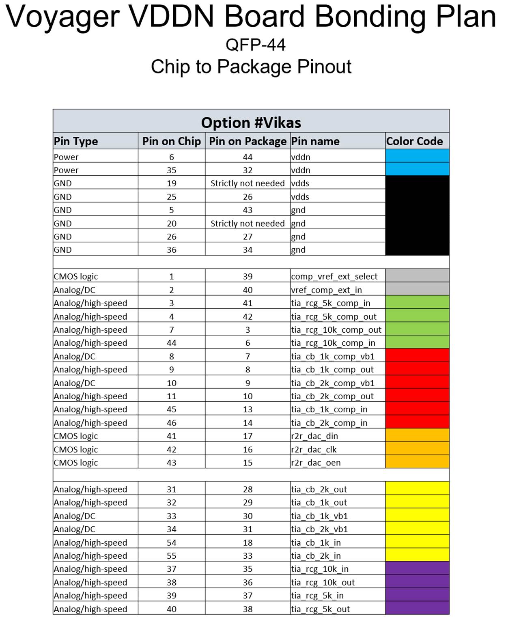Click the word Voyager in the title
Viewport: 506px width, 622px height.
tap(63, 17)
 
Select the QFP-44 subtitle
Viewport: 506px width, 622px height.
tap(255, 45)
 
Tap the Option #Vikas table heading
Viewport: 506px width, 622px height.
tap(251, 123)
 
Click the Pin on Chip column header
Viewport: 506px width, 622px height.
tap(171, 141)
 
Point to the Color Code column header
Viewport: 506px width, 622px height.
tap(414, 141)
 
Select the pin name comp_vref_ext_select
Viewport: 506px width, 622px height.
tap(334, 276)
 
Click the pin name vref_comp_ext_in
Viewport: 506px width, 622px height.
tap(326, 290)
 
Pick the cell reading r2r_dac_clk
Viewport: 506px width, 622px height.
tap(314, 450)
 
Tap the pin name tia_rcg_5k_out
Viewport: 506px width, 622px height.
tap(320, 609)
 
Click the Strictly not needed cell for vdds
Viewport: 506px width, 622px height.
tap(248, 183)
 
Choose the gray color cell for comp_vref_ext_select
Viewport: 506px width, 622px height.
tap(417, 276)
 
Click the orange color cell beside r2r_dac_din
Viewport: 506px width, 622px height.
tap(417, 436)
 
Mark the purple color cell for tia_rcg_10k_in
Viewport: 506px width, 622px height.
tap(417, 569)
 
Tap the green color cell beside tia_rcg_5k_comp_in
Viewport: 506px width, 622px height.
tap(417, 303)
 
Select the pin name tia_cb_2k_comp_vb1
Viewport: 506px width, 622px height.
tap(332, 383)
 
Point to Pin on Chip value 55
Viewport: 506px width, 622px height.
tap(171, 556)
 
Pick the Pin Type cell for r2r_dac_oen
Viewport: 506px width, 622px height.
tap(76, 463)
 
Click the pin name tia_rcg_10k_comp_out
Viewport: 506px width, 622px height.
tap(336, 330)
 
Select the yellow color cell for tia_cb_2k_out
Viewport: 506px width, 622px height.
tap(417, 489)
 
